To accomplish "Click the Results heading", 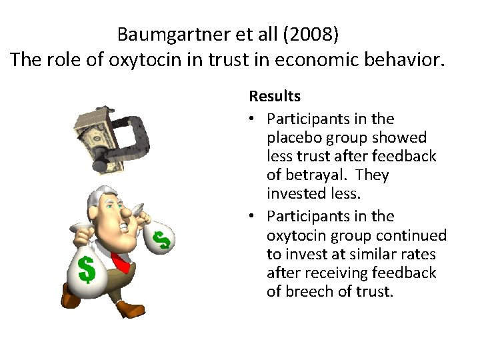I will pos(275,96).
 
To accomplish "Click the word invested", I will pos(295,193).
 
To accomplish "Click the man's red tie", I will pos(122,263).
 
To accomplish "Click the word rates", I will pos(419,254).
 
